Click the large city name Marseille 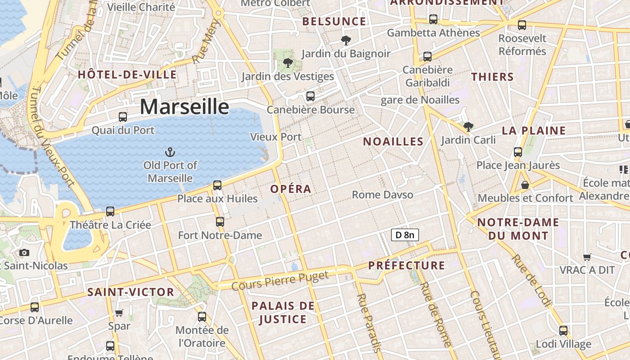click(x=184, y=107)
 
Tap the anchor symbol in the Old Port click(x=170, y=152)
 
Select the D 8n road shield click(x=405, y=234)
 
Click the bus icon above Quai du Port click(x=123, y=117)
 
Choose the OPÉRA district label click(x=291, y=189)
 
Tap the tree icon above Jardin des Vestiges click(x=288, y=63)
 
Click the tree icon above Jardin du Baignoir click(x=346, y=40)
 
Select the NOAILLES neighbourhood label click(x=393, y=142)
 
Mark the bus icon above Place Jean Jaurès click(x=518, y=152)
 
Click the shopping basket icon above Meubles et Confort click(x=525, y=185)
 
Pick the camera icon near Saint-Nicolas click(x=24, y=253)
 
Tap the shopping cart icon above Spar click(x=119, y=313)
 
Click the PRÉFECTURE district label click(x=407, y=265)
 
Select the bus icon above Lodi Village click(x=563, y=331)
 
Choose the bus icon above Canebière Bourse click(x=310, y=96)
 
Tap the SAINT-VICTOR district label click(x=130, y=292)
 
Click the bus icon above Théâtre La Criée click(x=110, y=211)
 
